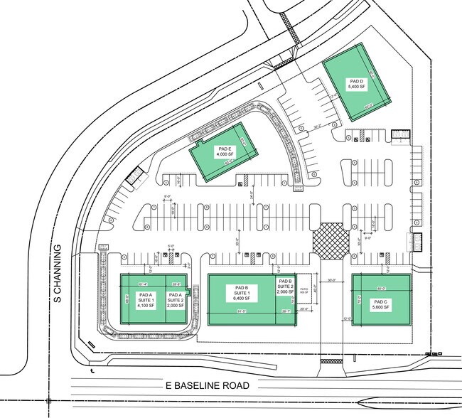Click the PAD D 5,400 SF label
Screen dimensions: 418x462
(x=356, y=84)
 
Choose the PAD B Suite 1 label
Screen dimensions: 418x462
(x=241, y=294)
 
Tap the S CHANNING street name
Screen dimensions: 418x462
(x=60, y=273)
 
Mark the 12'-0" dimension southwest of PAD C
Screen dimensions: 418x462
(x=347, y=318)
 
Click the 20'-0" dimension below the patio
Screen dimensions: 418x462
(x=303, y=310)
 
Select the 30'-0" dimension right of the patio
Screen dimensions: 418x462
(x=331, y=279)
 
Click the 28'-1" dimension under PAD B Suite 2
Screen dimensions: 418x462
(x=286, y=311)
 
